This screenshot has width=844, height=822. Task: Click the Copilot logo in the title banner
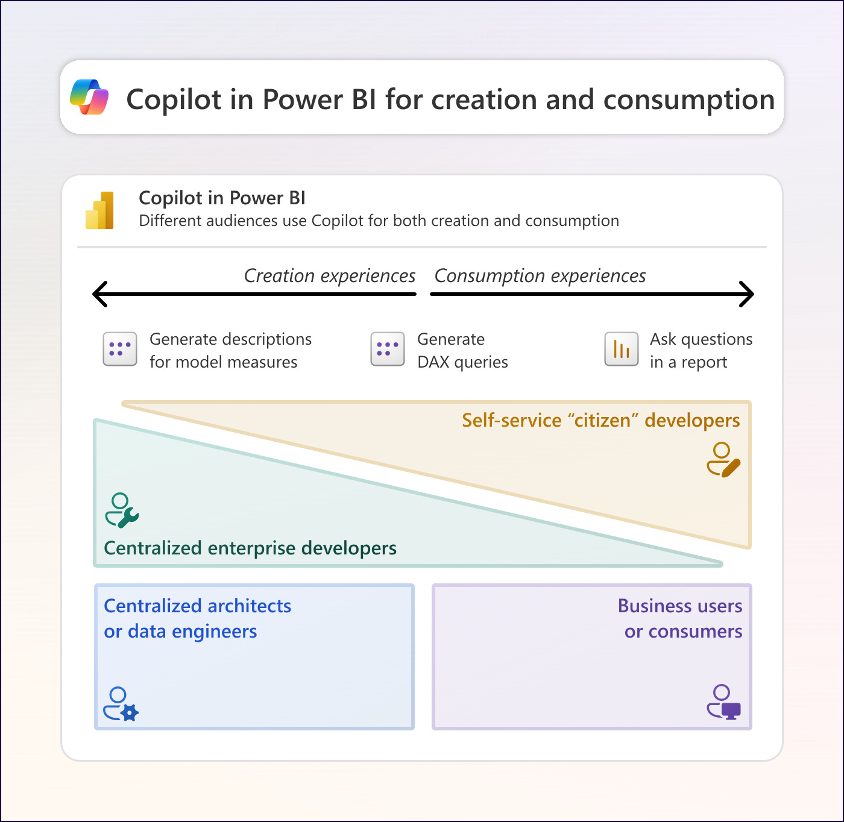point(89,97)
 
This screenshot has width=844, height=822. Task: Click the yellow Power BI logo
point(100,210)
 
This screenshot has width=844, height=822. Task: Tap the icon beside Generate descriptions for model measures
point(120,349)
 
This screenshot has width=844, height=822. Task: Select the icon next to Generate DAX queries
point(388,349)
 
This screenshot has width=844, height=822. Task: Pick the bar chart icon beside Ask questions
point(622,349)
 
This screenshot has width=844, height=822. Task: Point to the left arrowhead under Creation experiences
point(100,294)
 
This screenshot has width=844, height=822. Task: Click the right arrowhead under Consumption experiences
point(747,294)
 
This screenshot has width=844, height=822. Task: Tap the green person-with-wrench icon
point(122,510)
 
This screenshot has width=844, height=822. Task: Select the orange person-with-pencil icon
point(723,460)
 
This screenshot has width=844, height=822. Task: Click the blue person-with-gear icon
point(121,704)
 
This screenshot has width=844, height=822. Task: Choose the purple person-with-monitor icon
point(723,701)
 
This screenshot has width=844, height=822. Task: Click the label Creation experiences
point(330,276)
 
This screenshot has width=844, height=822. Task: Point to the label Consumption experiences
point(540,276)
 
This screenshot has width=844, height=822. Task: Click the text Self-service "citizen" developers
point(600,420)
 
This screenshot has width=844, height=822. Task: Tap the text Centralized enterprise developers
point(250,548)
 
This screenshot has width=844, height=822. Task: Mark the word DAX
point(433,362)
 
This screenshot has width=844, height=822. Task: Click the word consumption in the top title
point(689,99)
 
